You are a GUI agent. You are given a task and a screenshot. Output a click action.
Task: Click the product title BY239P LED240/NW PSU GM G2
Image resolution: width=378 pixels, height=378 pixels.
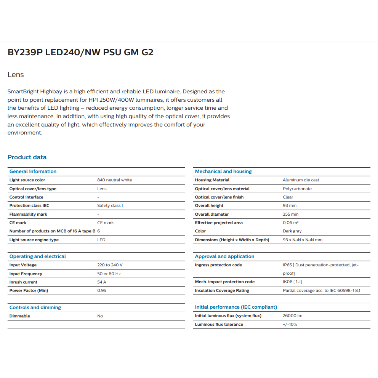[x=80, y=52]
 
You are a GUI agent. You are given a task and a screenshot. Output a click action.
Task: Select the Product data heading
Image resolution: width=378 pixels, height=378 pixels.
[x=27, y=157]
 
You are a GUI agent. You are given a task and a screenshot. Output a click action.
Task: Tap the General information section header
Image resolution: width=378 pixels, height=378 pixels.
[x=33, y=171]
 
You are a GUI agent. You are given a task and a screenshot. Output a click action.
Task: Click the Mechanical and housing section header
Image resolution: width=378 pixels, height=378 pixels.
[x=223, y=171]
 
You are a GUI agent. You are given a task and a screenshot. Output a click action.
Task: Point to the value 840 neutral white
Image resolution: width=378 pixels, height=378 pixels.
[x=114, y=180]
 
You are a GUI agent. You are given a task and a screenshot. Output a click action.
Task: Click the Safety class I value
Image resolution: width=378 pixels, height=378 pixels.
[x=110, y=205]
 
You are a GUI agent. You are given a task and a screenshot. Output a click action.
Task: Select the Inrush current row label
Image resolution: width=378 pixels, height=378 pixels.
[x=23, y=282]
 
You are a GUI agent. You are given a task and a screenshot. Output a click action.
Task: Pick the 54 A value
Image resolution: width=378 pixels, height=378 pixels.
[x=102, y=282]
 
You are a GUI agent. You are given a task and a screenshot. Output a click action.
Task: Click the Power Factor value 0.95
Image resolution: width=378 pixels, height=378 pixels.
[x=102, y=290]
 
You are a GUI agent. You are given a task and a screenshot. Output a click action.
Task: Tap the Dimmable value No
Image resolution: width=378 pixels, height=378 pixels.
[x=100, y=316]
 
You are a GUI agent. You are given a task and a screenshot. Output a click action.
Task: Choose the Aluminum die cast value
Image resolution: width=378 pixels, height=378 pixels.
[x=301, y=180]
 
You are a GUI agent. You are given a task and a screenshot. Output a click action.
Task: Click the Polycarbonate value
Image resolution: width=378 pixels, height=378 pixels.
[x=297, y=189]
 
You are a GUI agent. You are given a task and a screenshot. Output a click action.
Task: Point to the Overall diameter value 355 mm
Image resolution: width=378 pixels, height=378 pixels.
[x=291, y=214]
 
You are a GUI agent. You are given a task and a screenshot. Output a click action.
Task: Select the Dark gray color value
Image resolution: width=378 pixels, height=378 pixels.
[x=292, y=231]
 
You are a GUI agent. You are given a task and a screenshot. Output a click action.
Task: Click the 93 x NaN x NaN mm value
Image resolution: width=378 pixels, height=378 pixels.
[x=303, y=240]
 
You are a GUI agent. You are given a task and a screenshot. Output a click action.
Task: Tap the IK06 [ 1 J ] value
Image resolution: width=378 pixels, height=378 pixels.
[x=292, y=282]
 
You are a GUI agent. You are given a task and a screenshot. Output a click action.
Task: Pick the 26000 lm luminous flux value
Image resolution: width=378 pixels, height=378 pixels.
[x=293, y=316]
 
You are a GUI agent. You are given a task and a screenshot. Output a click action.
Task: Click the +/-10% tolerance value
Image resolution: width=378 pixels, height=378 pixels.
[x=290, y=324]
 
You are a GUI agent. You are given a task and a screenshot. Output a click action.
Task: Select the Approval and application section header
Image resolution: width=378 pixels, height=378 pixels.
[x=224, y=256]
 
